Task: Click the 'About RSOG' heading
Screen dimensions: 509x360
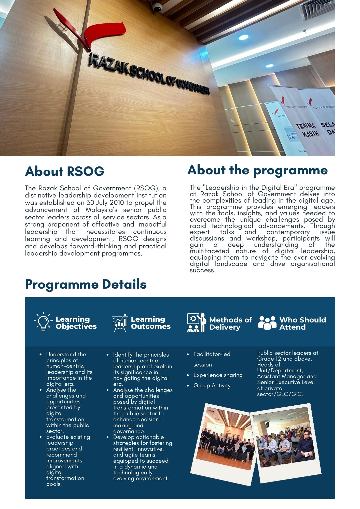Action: (x=65, y=171)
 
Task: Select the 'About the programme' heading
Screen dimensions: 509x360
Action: (x=257, y=170)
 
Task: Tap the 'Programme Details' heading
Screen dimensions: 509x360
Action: (x=86, y=284)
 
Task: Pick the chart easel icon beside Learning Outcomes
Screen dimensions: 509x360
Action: (x=119, y=323)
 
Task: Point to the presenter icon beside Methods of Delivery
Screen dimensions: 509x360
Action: (x=196, y=323)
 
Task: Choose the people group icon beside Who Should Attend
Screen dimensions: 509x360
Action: (x=267, y=323)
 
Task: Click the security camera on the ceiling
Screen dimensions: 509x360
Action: (x=157, y=7)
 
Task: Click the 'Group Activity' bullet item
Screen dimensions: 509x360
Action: (x=212, y=386)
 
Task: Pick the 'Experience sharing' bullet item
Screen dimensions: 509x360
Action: (x=218, y=375)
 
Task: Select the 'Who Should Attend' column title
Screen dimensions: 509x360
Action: (x=302, y=323)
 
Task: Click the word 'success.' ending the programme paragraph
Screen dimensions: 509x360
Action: (x=203, y=270)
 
